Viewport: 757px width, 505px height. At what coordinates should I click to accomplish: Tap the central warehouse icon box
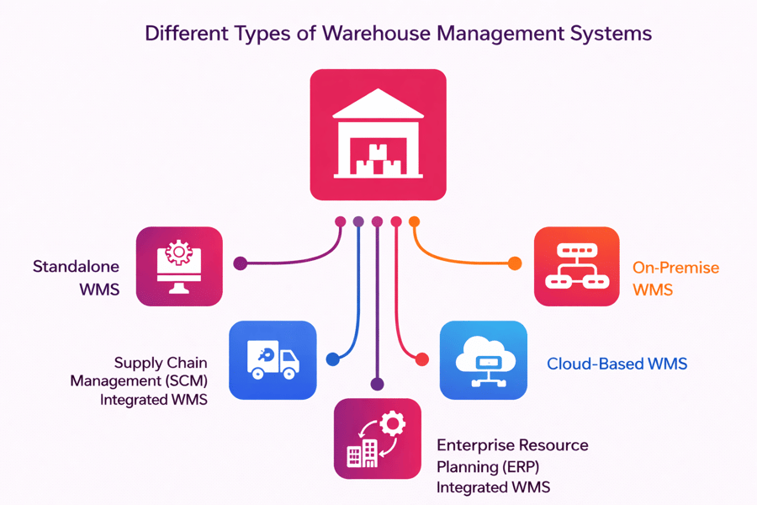click(x=378, y=135)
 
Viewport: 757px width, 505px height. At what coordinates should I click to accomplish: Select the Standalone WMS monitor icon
click(x=179, y=266)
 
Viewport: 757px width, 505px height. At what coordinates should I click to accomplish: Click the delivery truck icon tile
click(x=273, y=359)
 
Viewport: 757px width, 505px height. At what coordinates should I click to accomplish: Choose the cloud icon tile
click(x=484, y=359)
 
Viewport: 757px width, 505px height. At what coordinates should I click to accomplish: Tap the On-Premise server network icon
click(x=577, y=266)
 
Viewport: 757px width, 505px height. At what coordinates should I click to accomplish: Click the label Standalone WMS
click(x=76, y=278)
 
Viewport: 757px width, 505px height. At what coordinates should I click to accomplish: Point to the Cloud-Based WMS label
click(x=617, y=364)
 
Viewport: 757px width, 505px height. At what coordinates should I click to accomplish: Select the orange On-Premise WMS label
click(x=675, y=279)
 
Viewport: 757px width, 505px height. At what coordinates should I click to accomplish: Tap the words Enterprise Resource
click(x=512, y=444)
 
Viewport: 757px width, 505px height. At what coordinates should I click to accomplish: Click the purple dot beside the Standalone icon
click(x=241, y=263)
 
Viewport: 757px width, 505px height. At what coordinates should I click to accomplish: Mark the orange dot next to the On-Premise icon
click(x=515, y=264)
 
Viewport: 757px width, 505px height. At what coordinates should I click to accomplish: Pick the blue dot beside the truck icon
click(x=333, y=359)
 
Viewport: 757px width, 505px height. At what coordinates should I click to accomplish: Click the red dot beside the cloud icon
click(x=422, y=359)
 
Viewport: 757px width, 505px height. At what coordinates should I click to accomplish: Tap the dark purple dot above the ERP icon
click(x=377, y=384)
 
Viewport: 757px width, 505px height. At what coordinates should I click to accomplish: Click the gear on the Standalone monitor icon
click(x=178, y=252)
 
